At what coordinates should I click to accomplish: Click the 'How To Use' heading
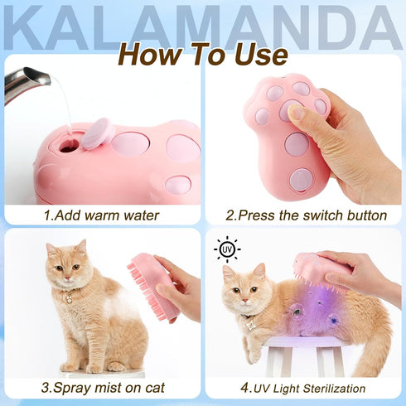202,54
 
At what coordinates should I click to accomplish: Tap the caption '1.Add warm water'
102,215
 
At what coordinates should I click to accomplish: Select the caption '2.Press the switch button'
306,215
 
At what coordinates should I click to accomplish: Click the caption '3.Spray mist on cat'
102,387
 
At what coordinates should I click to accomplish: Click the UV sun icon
225,249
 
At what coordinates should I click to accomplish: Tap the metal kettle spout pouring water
25,83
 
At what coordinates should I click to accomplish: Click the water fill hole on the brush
69,146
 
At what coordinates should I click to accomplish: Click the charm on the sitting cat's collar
66,296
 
